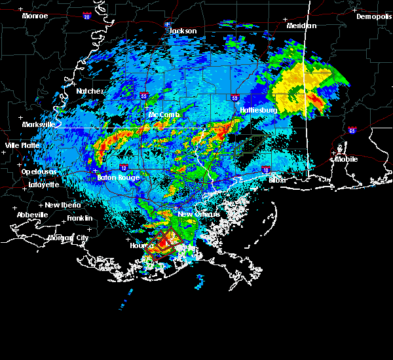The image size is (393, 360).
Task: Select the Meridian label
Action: tap(301, 26)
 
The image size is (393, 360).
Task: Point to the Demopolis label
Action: tap(373, 17)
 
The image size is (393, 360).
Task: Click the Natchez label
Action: tap(90, 91)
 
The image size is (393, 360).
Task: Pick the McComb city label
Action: tap(164, 115)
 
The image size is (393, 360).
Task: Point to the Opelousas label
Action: tap(39, 171)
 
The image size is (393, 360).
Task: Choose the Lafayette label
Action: tap(43, 185)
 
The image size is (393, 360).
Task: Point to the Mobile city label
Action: tap(346, 159)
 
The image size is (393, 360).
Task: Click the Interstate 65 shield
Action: tap(352, 130)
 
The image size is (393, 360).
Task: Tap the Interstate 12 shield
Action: tap(124, 168)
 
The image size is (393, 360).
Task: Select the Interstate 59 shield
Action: tap(234, 98)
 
